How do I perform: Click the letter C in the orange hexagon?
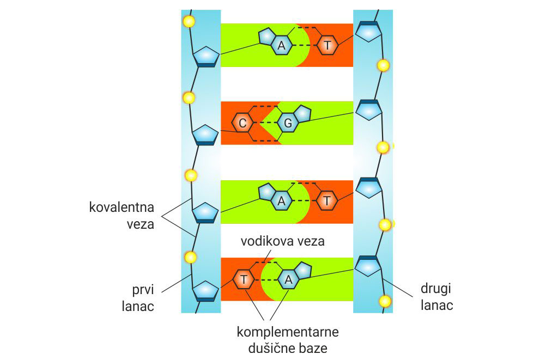click(x=243, y=123)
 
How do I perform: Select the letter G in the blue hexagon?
click(x=288, y=124)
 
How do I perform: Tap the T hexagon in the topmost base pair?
click(x=327, y=46)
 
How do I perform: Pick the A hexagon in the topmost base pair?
click(x=281, y=46)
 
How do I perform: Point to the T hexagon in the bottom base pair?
click(x=244, y=280)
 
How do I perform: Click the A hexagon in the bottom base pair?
click(x=289, y=280)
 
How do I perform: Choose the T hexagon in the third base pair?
click(x=326, y=201)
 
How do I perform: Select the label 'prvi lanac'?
click(x=138, y=297)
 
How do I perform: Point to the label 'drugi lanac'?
click(x=436, y=297)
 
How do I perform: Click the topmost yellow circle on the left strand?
click(x=189, y=22)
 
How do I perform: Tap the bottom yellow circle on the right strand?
click(x=385, y=301)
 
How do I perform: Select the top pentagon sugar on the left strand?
click(x=206, y=56)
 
